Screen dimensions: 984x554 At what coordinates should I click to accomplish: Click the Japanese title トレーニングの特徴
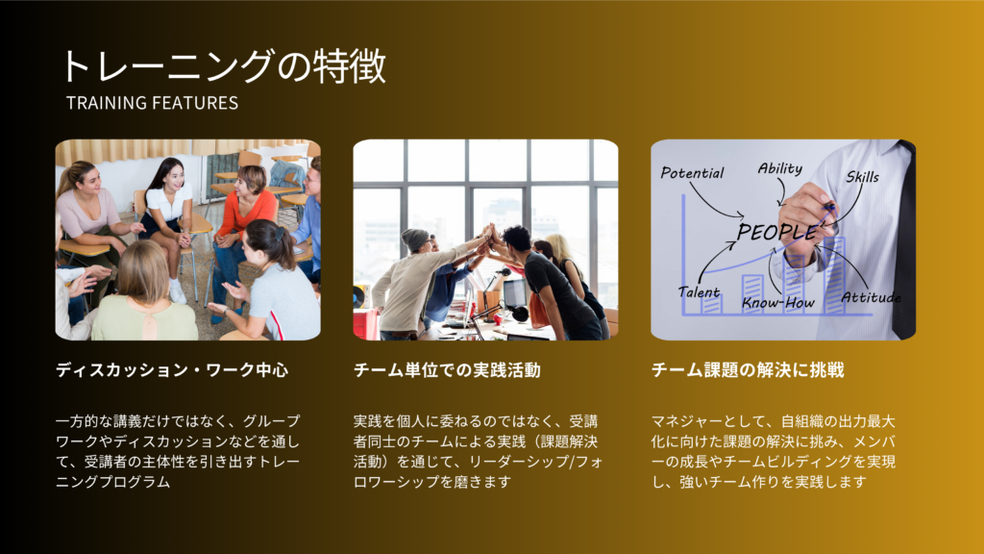(223, 66)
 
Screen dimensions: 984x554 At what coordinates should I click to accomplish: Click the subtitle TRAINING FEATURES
(153, 103)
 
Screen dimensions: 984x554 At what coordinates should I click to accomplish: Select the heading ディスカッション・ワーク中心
(172, 370)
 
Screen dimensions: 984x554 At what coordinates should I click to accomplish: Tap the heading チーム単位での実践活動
(447, 370)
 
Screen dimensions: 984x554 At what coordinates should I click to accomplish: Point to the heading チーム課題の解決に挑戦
(748, 370)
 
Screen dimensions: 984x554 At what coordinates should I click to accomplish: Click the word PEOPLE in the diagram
(776, 232)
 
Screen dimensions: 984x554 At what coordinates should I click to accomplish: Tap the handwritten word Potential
(692, 173)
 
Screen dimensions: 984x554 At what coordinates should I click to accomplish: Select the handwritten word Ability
(780, 168)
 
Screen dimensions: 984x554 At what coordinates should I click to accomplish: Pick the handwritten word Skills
(862, 177)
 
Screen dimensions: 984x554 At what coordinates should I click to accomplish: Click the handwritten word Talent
(699, 292)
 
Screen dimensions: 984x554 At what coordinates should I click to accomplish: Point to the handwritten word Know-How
(778, 303)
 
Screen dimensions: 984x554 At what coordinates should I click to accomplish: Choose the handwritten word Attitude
(871, 297)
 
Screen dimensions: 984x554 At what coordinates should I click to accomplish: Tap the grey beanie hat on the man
(414, 239)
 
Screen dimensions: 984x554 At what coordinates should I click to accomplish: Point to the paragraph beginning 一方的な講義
(178, 451)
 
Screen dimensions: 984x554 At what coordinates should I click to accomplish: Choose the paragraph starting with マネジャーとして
(774, 451)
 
